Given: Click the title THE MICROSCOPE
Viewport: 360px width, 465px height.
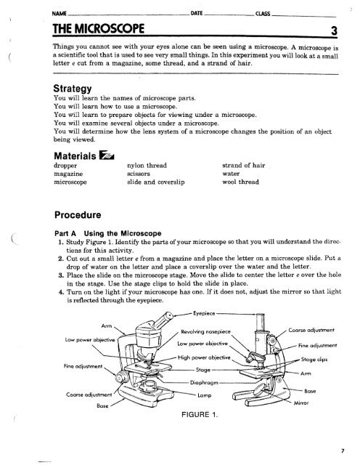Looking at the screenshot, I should pos(80,29).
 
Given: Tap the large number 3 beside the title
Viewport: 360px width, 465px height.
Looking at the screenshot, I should pos(332,30).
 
